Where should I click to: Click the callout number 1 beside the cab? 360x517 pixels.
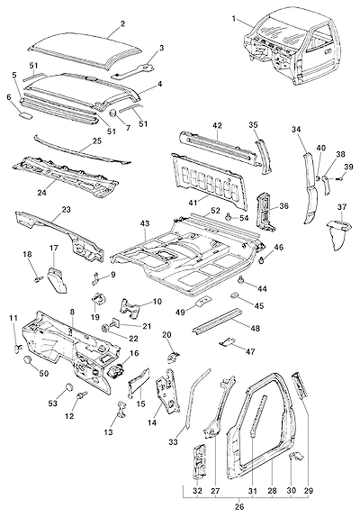click(234, 19)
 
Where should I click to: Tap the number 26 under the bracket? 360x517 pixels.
click(239, 506)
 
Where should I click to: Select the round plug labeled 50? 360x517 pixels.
click(28, 359)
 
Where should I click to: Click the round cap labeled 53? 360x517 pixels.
click(68, 386)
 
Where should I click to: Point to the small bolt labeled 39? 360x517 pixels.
click(338, 178)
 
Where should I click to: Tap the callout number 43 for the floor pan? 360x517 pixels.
click(145, 223)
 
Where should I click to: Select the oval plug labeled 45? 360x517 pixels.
click(235, 295)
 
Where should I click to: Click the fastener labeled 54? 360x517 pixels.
click(228, 217)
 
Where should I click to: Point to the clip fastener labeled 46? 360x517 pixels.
click(262, 260)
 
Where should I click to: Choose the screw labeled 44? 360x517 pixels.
click(241, 280)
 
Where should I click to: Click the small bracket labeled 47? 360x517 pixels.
click(228, 342)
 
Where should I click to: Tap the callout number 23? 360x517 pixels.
click(67, 210)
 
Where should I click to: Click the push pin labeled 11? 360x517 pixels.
click(18, 348)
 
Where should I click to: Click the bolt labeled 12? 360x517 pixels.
click(81, 395)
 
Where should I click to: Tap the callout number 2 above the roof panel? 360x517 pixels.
click(123, 23)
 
